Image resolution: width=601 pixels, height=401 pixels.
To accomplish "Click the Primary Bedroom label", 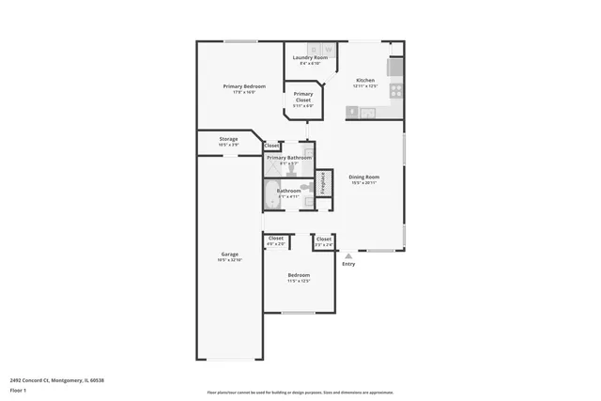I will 239,86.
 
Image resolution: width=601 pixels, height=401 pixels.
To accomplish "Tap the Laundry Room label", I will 310,57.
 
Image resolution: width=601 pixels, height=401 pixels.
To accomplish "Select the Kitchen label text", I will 365,80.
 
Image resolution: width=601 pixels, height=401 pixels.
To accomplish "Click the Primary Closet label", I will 303,94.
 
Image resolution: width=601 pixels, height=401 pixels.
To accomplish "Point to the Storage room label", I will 228,139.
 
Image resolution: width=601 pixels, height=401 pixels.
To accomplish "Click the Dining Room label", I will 363,177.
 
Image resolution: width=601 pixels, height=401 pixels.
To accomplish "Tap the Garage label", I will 229,254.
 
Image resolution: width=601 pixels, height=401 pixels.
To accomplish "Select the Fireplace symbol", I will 323,182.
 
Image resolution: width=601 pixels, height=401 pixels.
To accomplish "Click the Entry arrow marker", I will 348,255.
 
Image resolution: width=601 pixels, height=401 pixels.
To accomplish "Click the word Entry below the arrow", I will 348,264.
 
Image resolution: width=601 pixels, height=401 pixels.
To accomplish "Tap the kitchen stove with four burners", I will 395,91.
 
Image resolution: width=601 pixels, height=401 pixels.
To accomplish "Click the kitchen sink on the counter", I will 367,113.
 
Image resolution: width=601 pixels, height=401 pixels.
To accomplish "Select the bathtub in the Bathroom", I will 271,195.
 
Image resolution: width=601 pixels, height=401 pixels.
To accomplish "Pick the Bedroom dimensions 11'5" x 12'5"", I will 299,281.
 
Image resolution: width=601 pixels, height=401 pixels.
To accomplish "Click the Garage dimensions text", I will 229,259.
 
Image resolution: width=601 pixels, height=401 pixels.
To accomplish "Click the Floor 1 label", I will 19,390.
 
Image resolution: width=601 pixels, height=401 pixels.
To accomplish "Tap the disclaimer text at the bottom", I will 300,393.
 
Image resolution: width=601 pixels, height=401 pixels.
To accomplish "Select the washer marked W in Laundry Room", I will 315,48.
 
